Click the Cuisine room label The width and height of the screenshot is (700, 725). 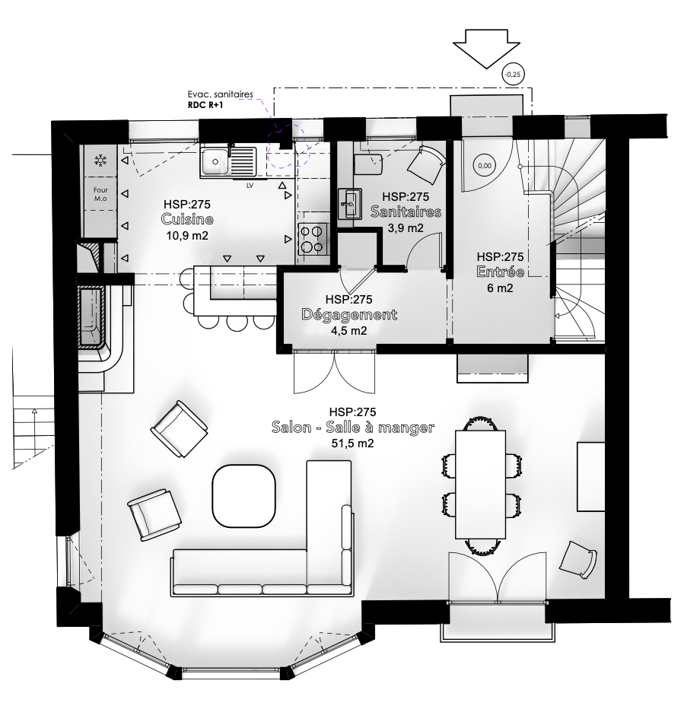coord(187,219)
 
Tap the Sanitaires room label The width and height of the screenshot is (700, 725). coord(406,211)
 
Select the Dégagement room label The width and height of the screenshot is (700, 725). coord(349,315)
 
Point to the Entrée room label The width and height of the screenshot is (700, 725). coord(500,272)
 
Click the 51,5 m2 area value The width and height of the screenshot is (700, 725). coord(352,444)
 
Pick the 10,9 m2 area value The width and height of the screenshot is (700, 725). coord(187,236)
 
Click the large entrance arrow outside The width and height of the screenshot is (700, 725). coord(486,49)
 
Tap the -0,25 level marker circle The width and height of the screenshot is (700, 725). coord(513,75)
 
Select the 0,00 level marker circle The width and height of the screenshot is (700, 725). coord(485,166)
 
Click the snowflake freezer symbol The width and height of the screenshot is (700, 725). coord(100,161)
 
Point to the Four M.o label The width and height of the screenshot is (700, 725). coord(100,194)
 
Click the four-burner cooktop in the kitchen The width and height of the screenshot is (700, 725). coord(312,239)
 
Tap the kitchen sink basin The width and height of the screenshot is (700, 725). coord(215,161)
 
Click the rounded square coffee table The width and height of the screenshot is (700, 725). coord(243,496)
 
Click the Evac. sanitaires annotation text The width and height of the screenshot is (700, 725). coord(221,94)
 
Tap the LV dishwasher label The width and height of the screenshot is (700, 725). coord(250,186)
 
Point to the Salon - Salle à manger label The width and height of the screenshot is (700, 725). coord(353,428)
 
